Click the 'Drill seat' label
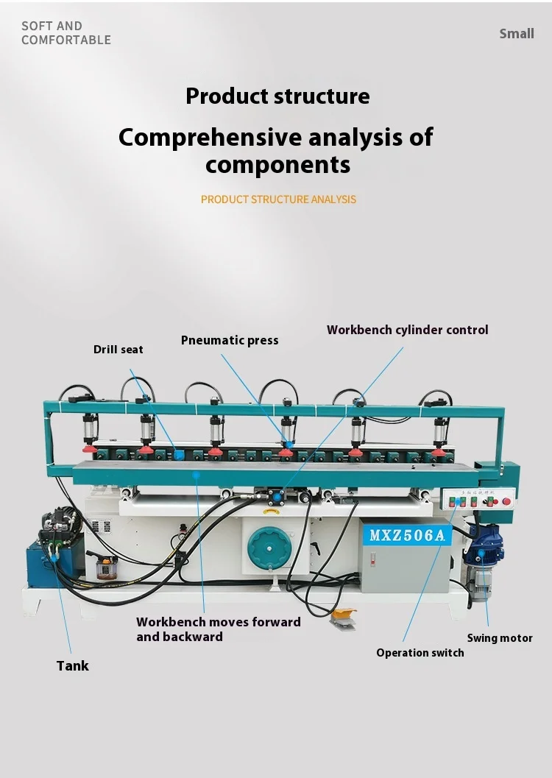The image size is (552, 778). (x=118, y=350)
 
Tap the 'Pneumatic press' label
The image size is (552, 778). (x=230, y=340)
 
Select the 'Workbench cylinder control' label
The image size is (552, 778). (x=407, y=330)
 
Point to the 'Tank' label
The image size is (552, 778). (x=72, y=665)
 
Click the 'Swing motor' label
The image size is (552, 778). (x=500, y=638)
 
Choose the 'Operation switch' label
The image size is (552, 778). (x=420, y=653)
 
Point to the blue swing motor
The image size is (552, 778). (x=486, y=548)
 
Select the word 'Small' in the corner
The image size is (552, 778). (x=517, y=33)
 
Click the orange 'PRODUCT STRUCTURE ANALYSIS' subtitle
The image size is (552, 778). (x=278, y=199)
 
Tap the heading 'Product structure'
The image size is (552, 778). (x=277, y=96)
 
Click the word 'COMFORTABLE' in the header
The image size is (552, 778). (x=66, y=40)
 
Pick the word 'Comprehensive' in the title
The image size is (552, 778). (x=210, y=137)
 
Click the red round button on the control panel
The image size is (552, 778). (x=506, y=501)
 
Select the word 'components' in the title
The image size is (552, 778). (x=277, y=164)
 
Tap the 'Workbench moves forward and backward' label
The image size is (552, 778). (x=218, y=629)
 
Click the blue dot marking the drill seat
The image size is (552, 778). (x=178, y=455)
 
